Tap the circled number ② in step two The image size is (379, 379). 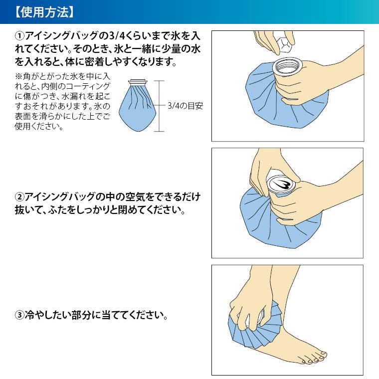coord(20,194)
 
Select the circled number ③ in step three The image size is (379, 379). coord(20,316)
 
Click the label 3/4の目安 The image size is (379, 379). coord(185,106)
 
